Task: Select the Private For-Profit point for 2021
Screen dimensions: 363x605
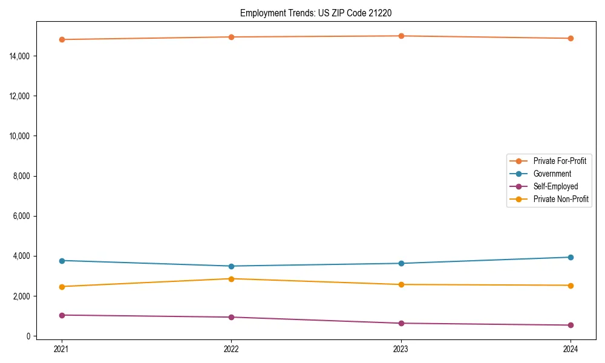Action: pyautogui.click(x=62, y=39)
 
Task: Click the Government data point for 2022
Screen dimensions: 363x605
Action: pyautogui.click(x=231, y=266)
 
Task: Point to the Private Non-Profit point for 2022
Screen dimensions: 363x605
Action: pyautogui.click(x=231, y=279)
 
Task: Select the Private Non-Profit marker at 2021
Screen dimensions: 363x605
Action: pyautogui.click(x=62, y=287)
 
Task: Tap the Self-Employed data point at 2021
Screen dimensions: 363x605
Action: pyautogui.click(x=62, y=315)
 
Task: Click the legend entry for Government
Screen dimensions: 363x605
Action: pyautogui.click(x=552, y=174)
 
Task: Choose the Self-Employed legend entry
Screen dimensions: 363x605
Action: pyautogui.click(x=555, y=186)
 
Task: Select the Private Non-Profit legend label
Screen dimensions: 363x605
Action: pyautogui.click(x=561, y=199)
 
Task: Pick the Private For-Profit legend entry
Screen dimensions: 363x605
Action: pyautogui.click(x=560, y=161)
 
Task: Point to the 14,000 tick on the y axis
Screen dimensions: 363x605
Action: pyautogui.click(x=20, y=56)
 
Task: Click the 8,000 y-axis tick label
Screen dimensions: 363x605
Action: pyautogui.click(x=22, y=176)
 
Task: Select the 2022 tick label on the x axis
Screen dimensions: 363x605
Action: pyautogui.click(x=231, y=348)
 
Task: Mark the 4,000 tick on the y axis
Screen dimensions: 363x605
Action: pyautogui.click(x=22, y=256)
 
